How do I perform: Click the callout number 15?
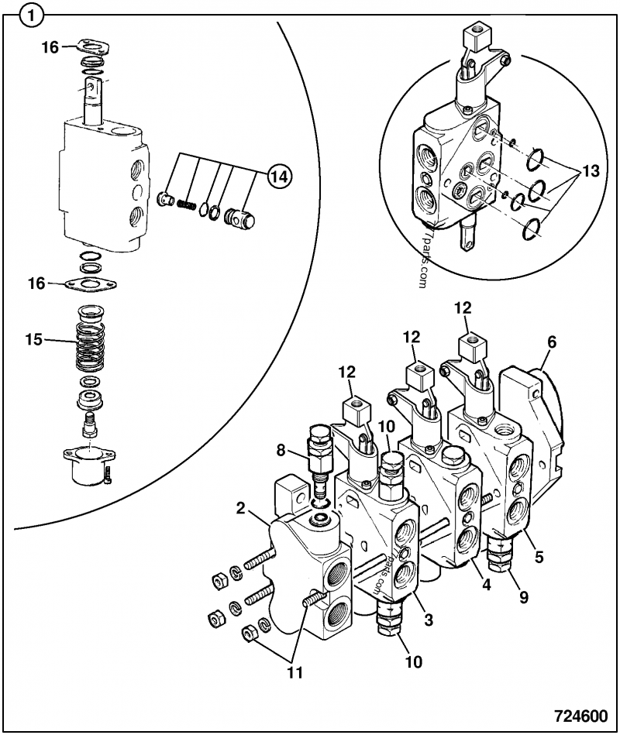33,338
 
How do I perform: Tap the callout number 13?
591,172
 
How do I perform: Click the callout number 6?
551,340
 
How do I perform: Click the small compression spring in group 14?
185,204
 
